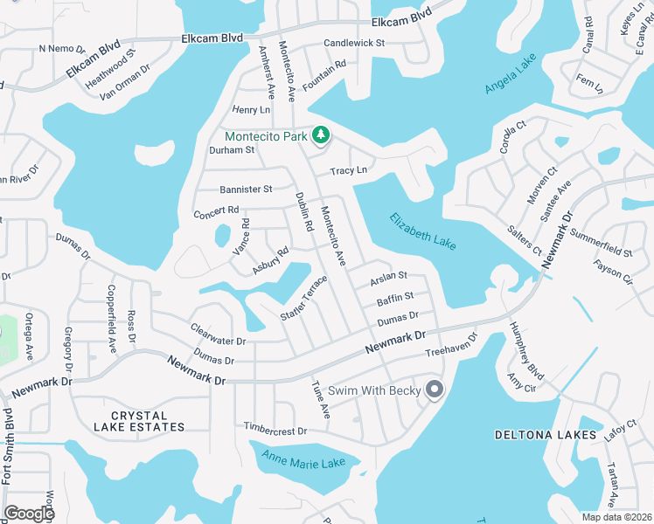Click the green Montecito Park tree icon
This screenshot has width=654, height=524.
pyautogui.click(x=322, y=134)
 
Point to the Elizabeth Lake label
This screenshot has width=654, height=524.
pyautogui.click(x=422, y=231)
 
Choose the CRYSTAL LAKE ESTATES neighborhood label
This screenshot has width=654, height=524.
pyautogui.click(x=141, y=421)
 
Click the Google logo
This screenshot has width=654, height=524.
pyautogui.click(x=29, y=513)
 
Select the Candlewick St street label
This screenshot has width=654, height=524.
pyautogui.click(x=354, y=43)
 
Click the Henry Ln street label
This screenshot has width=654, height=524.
pyautogui.click(x=251, y=110)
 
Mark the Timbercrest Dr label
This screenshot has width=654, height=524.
pyautogui.click(x=276, y=431)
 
